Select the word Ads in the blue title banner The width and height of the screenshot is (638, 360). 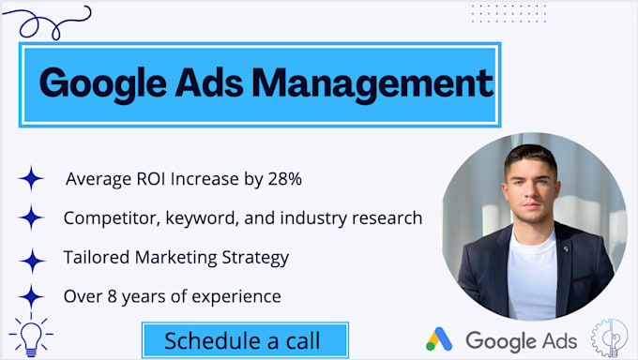[213, 83]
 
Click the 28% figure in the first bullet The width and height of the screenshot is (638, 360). [283, 178]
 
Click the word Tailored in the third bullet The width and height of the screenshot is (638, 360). [94, 257]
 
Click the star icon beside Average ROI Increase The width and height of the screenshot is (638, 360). [31, 178]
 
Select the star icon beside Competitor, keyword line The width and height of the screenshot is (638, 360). [31, 217]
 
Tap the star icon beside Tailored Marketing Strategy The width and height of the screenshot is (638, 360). [32, 259]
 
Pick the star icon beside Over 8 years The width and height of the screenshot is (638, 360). [31, 297]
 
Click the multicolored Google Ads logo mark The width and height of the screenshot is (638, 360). [439, 338]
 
